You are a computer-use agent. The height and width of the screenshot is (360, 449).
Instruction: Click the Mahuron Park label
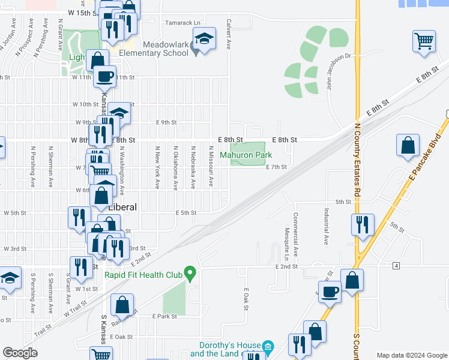pos(246,155)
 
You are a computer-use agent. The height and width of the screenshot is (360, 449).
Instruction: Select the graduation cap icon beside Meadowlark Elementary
pos(204,40)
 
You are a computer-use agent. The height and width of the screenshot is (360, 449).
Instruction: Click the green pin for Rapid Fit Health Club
pos(190,274)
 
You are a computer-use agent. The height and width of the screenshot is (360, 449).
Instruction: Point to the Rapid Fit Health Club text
pos(143,275)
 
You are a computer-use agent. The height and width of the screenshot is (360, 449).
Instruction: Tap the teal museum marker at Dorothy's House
pos(268,346)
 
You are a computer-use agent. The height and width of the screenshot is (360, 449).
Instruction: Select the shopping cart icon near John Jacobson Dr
pos(424,42)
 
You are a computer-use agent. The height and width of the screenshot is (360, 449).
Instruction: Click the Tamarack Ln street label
pos(184,23)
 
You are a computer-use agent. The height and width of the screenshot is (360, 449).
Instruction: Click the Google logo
pos(20,353)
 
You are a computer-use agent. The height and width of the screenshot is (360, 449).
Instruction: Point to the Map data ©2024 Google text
pos(411,355)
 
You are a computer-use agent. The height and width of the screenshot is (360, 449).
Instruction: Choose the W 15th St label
pos(83,13)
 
